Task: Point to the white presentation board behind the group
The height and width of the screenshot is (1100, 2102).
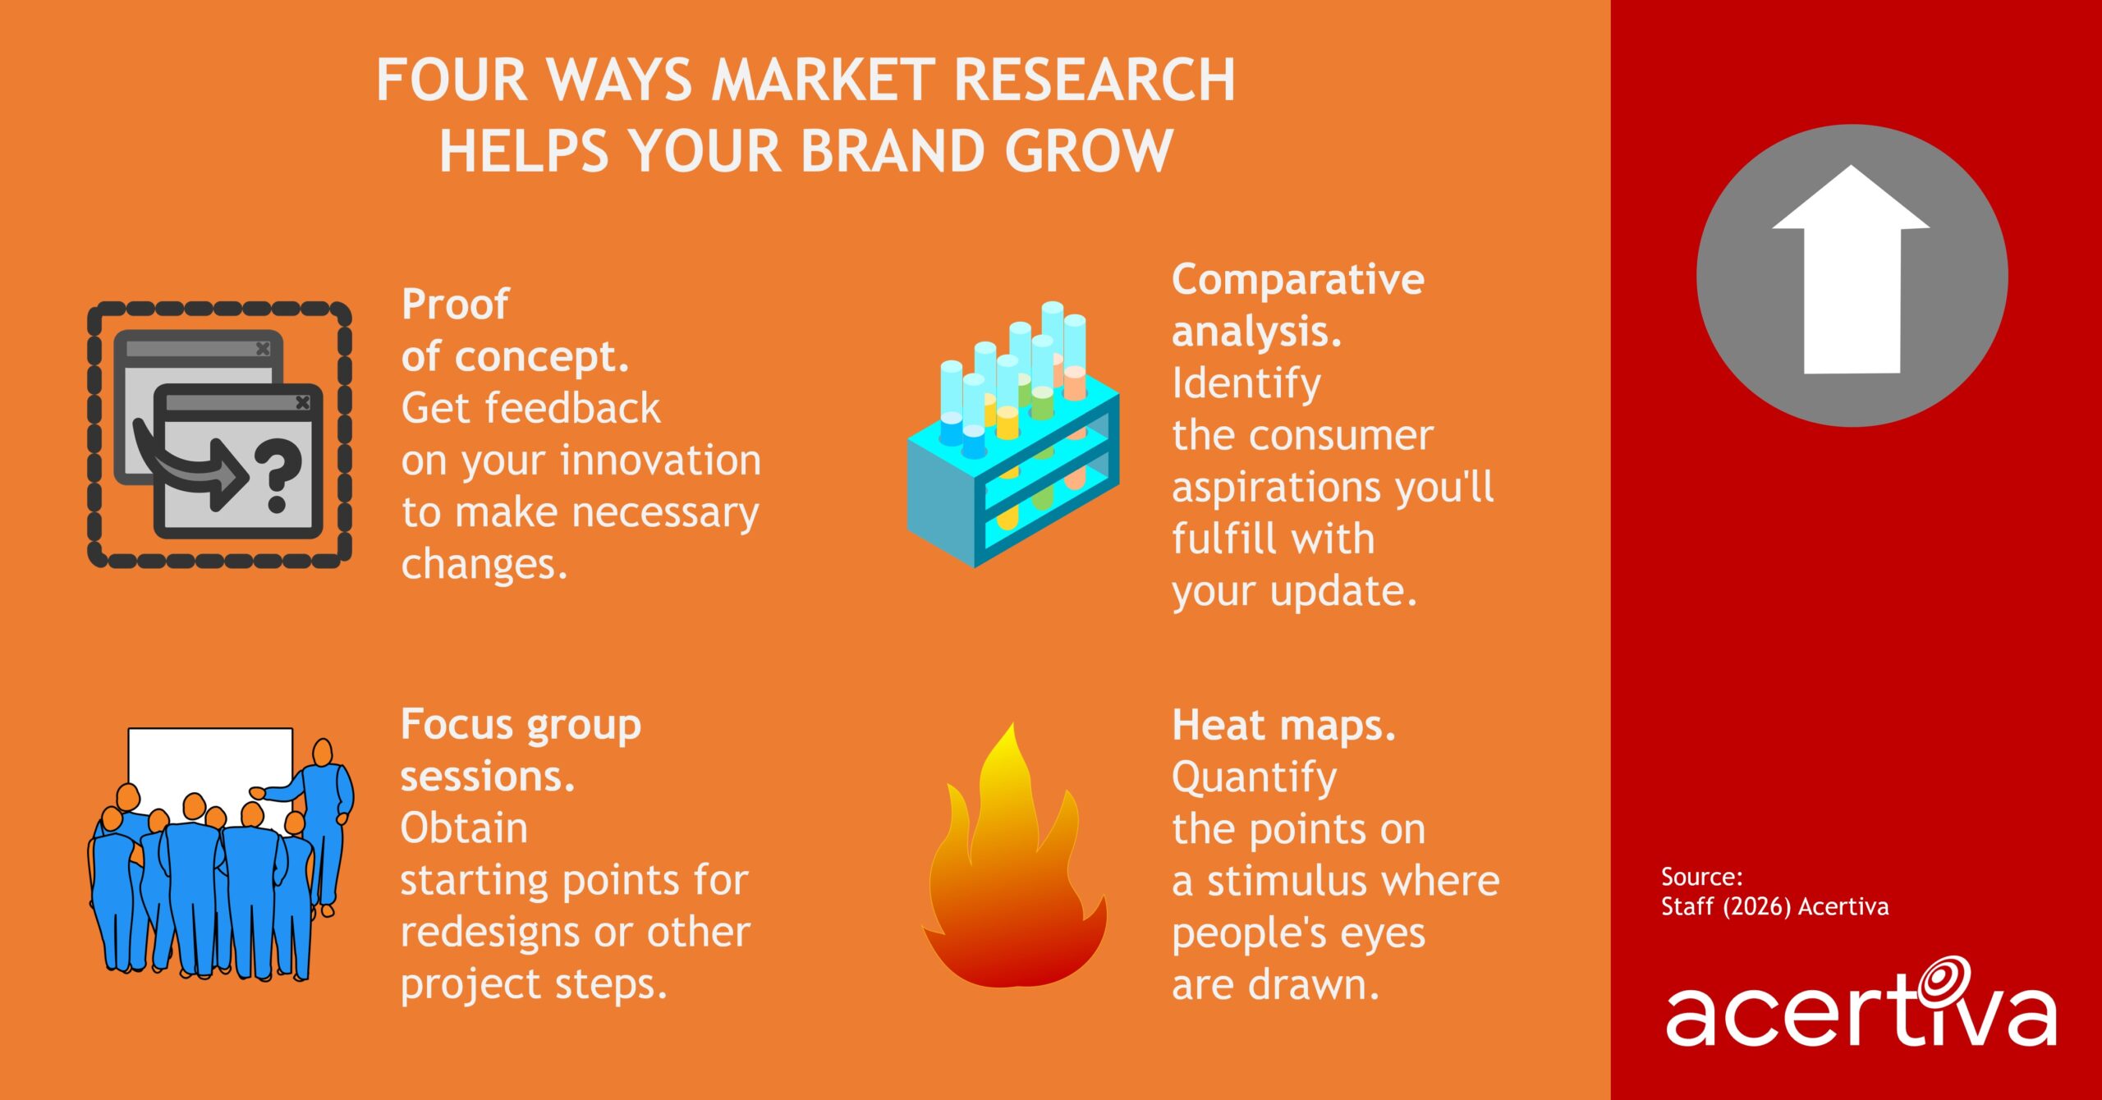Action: (210, 763)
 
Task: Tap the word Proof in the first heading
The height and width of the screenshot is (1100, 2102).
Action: (455, 305)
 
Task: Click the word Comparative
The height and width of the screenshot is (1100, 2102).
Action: (1297, 280)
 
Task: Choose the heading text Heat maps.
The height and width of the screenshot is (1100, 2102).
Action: (1283, 726)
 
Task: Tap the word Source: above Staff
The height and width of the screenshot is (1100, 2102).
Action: (1701, 877)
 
